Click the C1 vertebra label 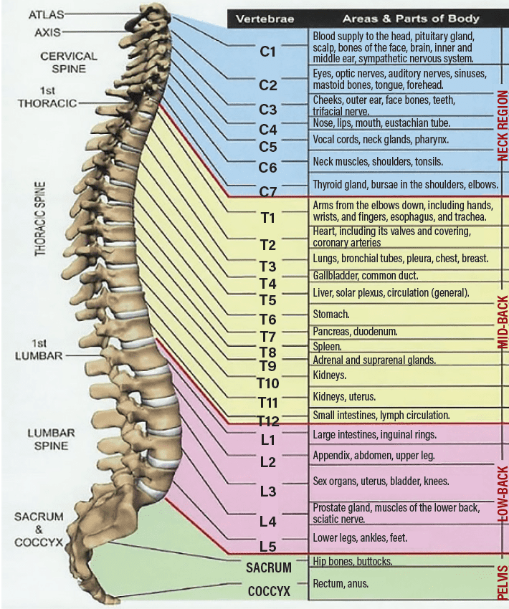point(267,52)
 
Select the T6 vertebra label point(267,319)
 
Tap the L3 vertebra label point(267,491)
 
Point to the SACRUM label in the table point(269,568)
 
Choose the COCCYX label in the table point(269,592)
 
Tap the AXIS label point(47,32)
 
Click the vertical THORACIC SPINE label point(41,219)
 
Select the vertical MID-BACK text point(502,322)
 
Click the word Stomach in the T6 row point(331,314)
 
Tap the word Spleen point(327,346)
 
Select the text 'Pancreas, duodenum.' point(353,332)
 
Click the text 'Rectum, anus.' point(341,584)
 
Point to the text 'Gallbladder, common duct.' point(365,275)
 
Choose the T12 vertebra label point(269,420)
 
